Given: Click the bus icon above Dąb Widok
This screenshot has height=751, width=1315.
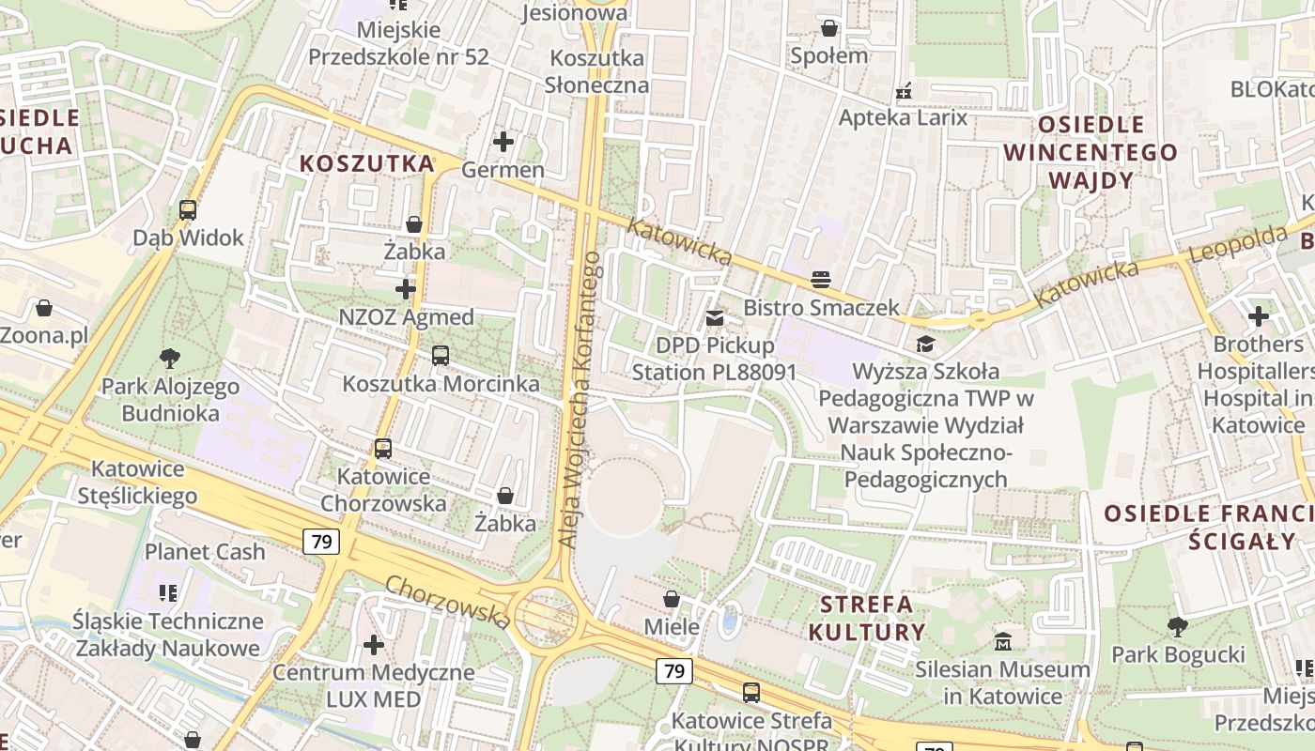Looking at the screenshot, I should pyautogui.click(x=188, y=210).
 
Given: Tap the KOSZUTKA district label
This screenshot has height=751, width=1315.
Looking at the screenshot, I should pyautogui.click(x=367, y=163).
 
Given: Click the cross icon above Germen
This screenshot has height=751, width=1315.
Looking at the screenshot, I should pyautogui.click(x=503, y=143).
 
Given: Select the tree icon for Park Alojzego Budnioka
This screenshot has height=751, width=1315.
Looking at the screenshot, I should pyautogui.click(x=170, y=358).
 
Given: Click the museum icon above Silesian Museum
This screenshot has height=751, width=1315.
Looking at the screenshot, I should pyautogui.click(x=1003, y=642).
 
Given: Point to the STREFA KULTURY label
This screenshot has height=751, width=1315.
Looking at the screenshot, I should pyautogui.click(x=867, y=618).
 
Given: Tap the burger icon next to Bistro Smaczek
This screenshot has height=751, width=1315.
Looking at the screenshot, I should pyautogui.click(x=821, y=279).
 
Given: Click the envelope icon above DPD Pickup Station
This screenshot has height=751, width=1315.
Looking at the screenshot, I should pyautogui.click(x=715, y=318).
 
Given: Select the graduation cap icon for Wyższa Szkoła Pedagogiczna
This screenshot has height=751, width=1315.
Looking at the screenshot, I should pyautogui.click(x=925, y=344).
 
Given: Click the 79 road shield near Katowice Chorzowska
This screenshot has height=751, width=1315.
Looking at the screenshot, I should pyautogui.click(x=321, y=541).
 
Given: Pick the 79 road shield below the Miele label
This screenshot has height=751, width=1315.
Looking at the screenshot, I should pyautogui.click(x=674, y=670).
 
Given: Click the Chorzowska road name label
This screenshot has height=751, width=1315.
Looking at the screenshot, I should pyautogui.click(x=448, y=602).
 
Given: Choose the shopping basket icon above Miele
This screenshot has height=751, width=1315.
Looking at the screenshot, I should pyautogui.click(x=672, y=599).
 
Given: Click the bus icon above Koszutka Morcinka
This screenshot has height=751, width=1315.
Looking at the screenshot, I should pyautogui.click(x=441, y=356).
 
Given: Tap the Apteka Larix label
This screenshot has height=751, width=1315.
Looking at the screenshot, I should pyautogui.click(x=903, y=118).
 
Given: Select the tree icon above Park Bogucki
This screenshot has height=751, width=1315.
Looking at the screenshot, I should pyautogui.click(x=1178, y=626).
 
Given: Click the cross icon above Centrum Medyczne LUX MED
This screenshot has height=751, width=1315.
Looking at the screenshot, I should pyautogui.click(x=374, y=645).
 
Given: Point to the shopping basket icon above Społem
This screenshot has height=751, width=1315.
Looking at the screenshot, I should pyautogui.click(x=828, y=28).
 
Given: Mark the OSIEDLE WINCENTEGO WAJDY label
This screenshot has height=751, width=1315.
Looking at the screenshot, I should pyautogui.click(x=1091, y=152).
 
